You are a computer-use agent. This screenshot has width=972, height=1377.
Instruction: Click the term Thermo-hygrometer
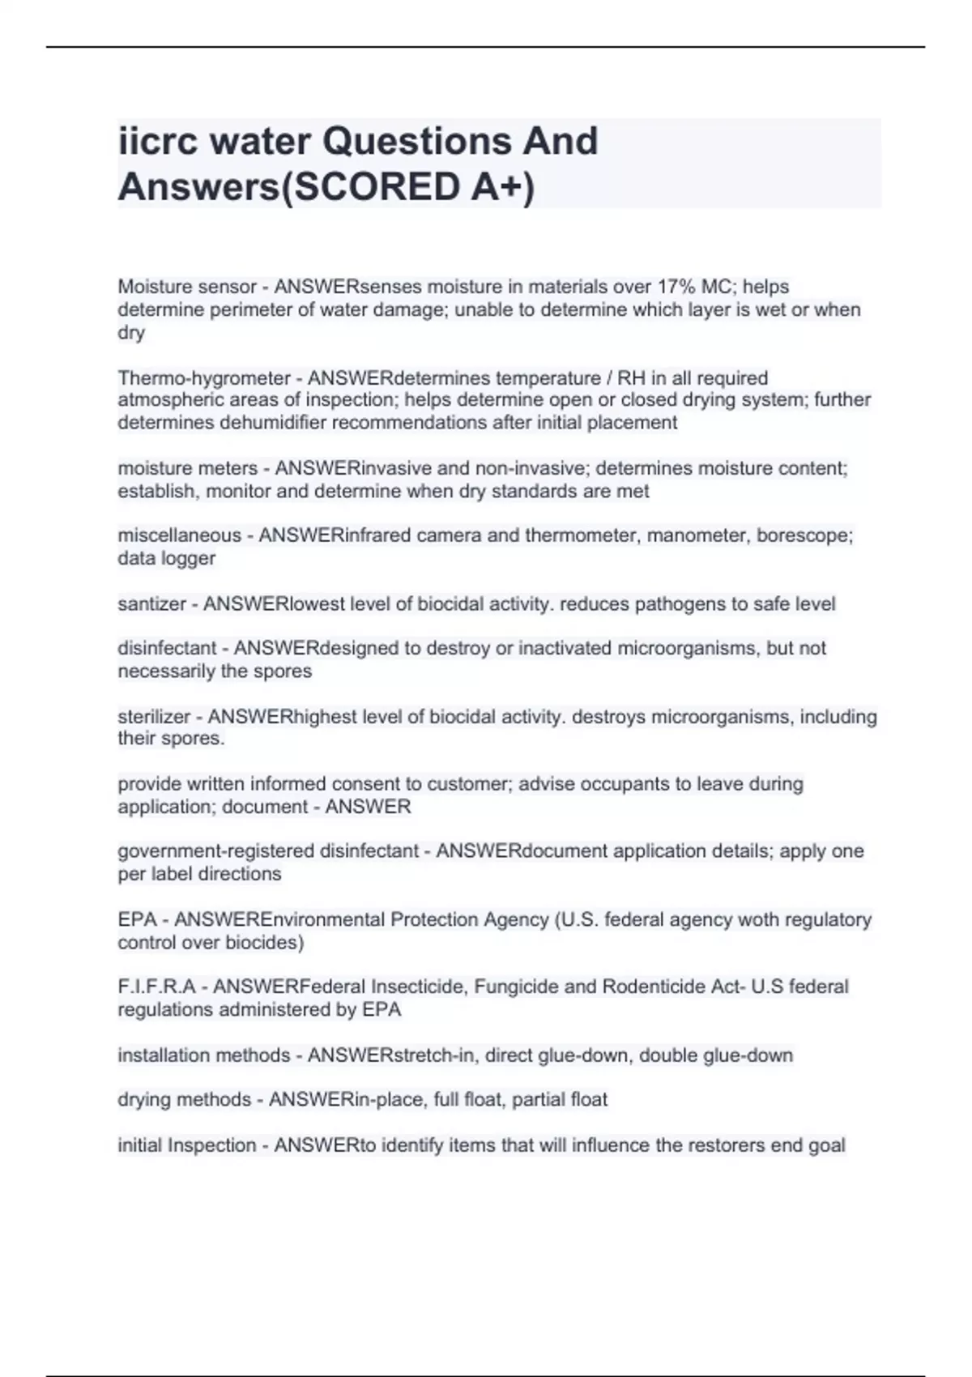click(x=203, y=378)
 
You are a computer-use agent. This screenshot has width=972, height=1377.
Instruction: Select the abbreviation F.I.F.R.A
click(x=157, y=987)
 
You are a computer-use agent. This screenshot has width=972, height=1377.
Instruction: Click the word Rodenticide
click(x=658, y=987)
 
